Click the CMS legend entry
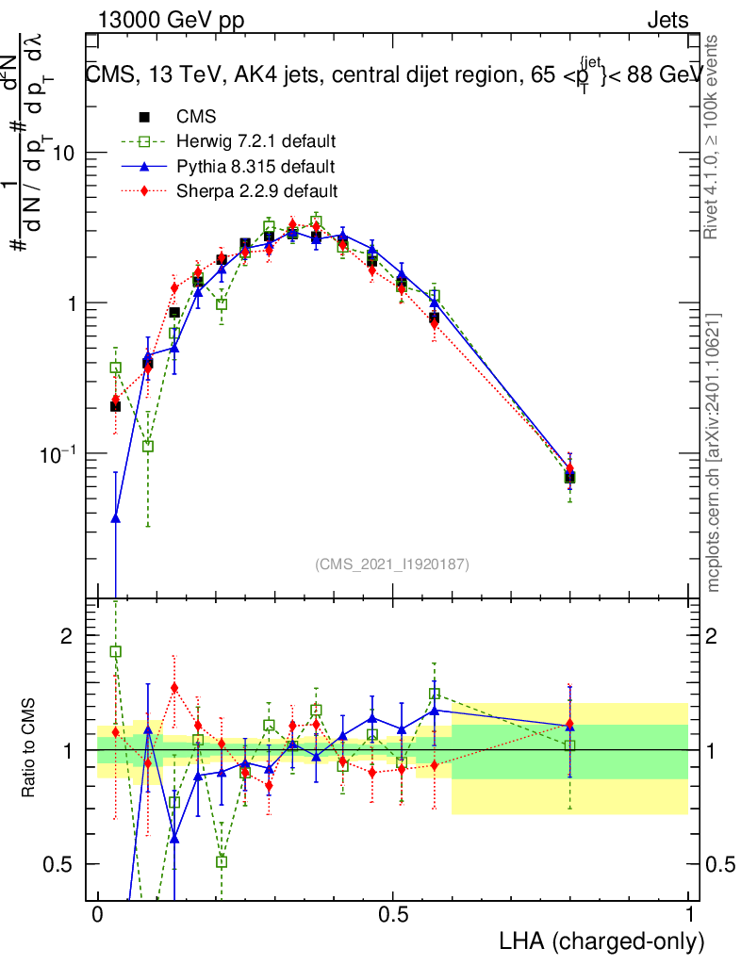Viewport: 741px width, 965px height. (196, 118)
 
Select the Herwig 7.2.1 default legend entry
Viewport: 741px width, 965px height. (255, 142)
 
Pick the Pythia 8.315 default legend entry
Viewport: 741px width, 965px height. (255, 167)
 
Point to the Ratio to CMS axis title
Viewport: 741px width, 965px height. (29, 745)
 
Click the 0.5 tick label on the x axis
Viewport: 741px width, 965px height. (393, 915)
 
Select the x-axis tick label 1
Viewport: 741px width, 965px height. (688, 915)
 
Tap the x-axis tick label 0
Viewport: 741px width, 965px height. (97, 915)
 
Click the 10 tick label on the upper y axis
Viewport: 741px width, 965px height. (64, 153)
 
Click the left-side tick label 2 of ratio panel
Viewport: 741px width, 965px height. (67, 636)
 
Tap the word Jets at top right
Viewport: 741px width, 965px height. (667, 20)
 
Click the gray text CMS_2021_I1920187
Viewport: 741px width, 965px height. (391, 564)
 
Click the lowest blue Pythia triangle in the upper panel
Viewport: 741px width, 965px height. (116, 517)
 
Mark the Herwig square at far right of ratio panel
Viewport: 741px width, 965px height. (569, 745)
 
